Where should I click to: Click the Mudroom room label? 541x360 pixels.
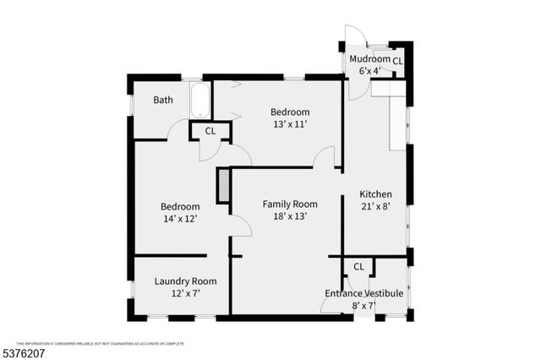tap(370, 59)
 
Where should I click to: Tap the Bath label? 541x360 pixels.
tap(163, 100)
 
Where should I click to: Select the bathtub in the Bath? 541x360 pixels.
tap(200, 101)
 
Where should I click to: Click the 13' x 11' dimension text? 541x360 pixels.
tap(290, 124)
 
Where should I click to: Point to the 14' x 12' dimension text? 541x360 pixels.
tap(181, 219)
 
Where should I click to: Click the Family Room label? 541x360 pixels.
tap(290, 204)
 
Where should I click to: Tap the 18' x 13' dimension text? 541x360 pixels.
tap(290, 215)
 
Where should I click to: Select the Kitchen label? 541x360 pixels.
tap(375, 194)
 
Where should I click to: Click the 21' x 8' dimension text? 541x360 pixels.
tap(375, 206)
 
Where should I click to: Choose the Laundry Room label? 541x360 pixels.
tap(185, 281)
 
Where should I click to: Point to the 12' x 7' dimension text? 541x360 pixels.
tap(185, 293)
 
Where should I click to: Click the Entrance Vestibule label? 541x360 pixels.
tap(363, 293)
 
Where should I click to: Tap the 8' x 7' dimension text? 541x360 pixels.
tap(364, 306)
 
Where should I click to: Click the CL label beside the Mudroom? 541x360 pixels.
tap(397, 61)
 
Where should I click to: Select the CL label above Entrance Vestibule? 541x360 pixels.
tap(358, 266)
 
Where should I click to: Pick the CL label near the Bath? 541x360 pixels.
tap(210, 131)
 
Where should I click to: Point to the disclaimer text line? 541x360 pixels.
tap(100, 343)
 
